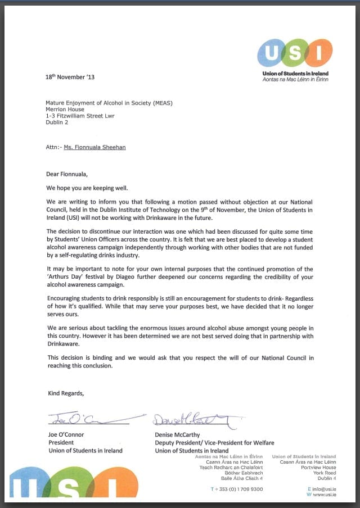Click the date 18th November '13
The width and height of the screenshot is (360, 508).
[70, 77]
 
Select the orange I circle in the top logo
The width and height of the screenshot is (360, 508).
[320, 52]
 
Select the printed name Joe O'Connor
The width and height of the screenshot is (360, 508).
[66, 434]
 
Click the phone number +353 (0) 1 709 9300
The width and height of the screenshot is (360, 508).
[239, 489]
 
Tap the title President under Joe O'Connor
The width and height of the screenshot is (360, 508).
[61, 442]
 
